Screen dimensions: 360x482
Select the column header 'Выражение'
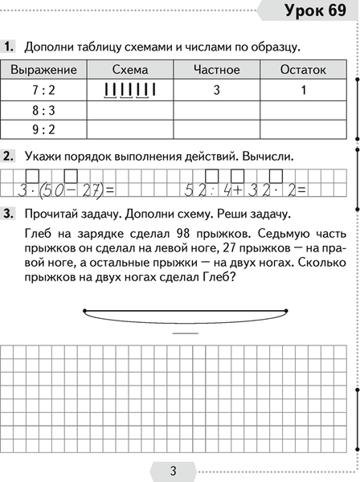(x=45, y=70)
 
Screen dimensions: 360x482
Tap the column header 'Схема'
(x=131, y=70)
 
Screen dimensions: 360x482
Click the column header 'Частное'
(x=217, y=70)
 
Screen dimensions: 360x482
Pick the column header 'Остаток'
(x=303, y=70)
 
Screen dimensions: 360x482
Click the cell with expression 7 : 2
(x=45, y=90)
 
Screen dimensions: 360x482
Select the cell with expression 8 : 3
(x=45, y=109)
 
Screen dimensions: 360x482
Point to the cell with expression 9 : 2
(x=45, y=128)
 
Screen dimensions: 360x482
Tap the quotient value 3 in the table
(x=217, y=90)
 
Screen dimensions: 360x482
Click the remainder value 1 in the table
(x=303, y=90)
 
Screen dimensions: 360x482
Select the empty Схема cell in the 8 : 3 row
(x=131, y=109)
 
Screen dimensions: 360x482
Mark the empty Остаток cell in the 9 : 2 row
(x=303, y=128)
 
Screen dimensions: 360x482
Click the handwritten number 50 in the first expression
(x=51, y=190)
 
